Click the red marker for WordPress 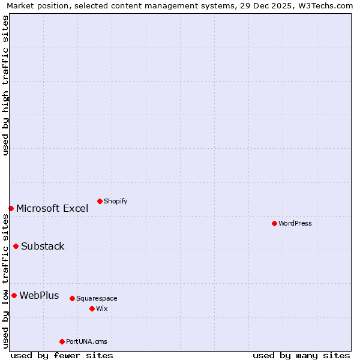click(x=274, y=223)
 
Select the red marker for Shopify click(x=100, y=201)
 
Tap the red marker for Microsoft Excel click(x=11, y=208)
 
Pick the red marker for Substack click(x=16, y=246)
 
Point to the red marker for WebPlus click(x=14, y=295)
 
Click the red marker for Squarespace click(x=72, y=298)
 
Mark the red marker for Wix click(x=92, y=308)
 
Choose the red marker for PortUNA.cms click(x=62, y=341)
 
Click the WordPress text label click(x=295, y=223)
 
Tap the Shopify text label click(x=115, y=201)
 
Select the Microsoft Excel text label click(x=52, y=208)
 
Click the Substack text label click(x=43, y=246)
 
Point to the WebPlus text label click(x=39, y=295)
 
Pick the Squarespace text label click(x=97, y=298)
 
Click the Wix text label click(x=101, y=308)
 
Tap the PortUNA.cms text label click(x=86, y=341)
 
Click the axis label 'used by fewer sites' click(x=62, y=355)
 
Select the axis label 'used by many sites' click(x=301, y=355)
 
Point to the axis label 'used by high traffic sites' click(x=5, y=85)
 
